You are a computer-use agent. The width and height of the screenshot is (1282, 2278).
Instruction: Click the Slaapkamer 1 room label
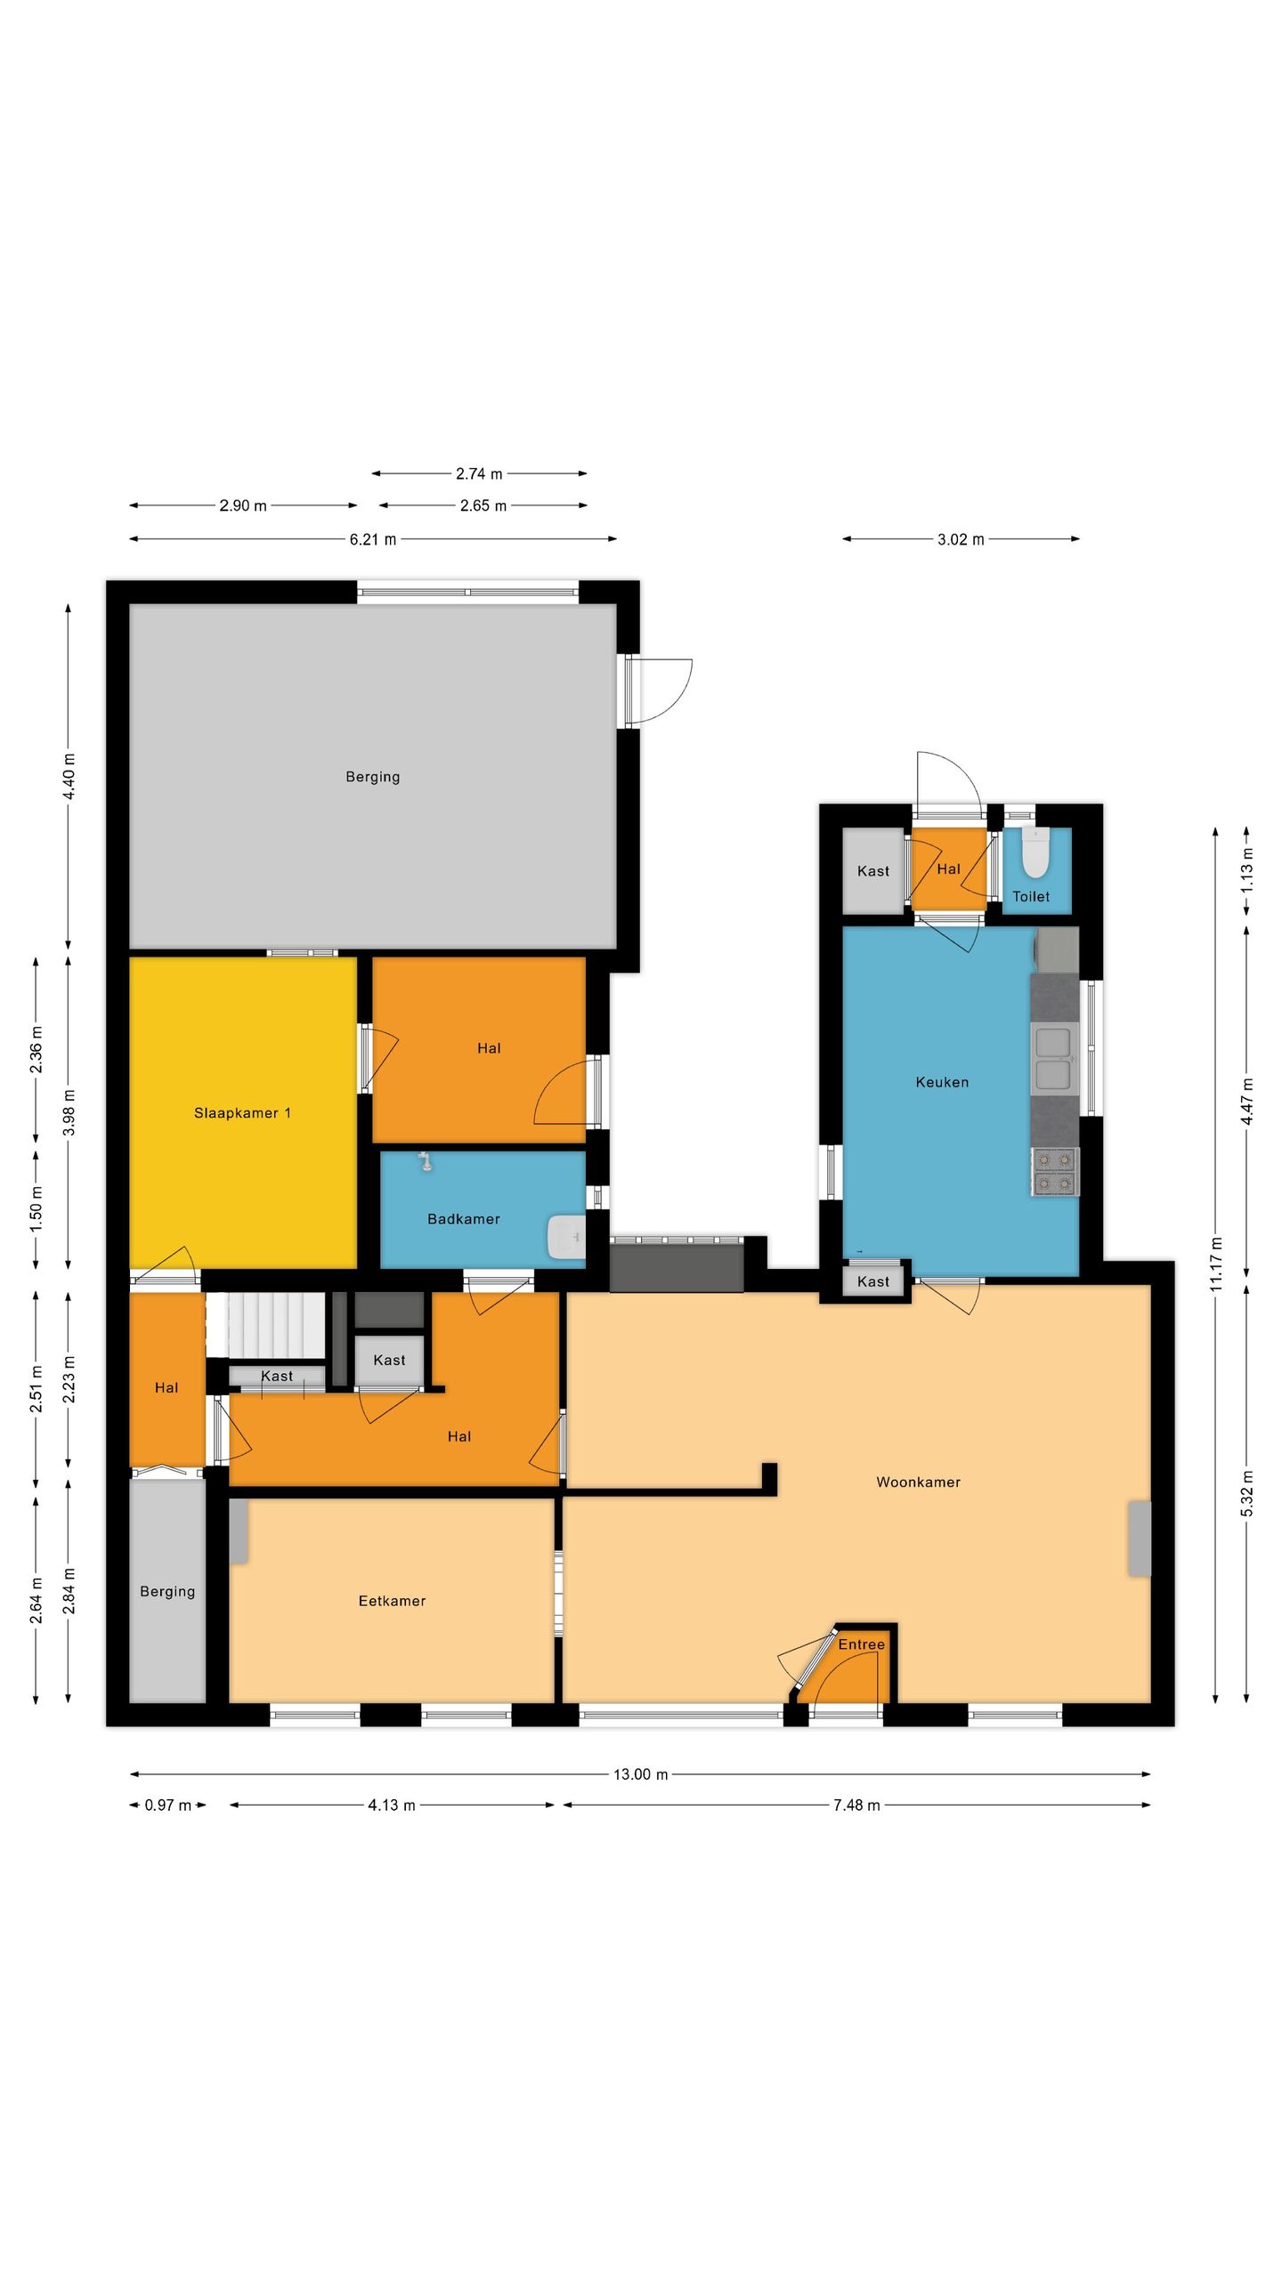pyautogui.click(x=242, y=1113)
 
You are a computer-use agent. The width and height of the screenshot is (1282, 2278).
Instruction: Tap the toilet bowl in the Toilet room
pyautogui.click(x=1035, y=855)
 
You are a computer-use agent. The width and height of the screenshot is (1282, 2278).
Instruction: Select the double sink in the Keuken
pyautogui.click(x=1053, y=1059)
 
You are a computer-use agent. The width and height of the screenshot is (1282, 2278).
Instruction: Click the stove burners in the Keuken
pyautogui.click(x=1055, y=1172)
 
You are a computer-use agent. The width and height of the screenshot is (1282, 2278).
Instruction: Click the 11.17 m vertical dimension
pyautogui.click(x=1216, y=1264)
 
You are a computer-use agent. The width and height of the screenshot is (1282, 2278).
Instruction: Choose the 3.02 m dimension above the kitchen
pyautogui.click(x=961, y=539)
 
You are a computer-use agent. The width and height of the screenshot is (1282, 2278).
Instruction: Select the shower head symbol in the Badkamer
pyautogui.click(x=426, y=1161)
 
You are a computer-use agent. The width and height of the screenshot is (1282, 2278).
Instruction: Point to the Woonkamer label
pyautogui.click(x=918, y=1482)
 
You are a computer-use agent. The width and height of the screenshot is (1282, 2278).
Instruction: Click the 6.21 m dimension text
pyautogui.click(x=372, y=539)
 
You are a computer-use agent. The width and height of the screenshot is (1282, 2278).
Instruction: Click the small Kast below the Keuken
pyautogui.click(x=872, y=1282)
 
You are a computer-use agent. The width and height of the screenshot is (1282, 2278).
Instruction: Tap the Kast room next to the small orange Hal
pyautogui.click(x=872, y=871)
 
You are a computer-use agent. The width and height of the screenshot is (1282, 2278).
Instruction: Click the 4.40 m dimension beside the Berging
pyautogui.click(x=69, y=776)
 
